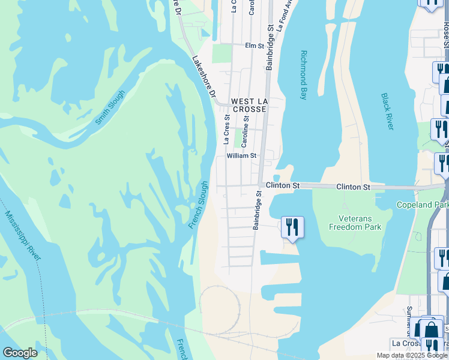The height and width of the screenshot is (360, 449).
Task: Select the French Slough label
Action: click(199, 205)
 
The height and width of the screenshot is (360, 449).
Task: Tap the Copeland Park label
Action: click(423, 205)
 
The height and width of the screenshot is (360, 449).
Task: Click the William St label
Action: click(241, 155)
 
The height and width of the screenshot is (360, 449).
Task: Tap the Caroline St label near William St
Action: click(245, 133)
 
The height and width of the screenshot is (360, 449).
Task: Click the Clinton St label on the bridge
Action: click(353, 187)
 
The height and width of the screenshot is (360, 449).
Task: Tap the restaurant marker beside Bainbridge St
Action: click(292, 227)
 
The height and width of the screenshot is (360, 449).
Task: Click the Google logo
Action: click(20, 353)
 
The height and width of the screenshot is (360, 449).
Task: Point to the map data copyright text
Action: click(412, 355)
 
